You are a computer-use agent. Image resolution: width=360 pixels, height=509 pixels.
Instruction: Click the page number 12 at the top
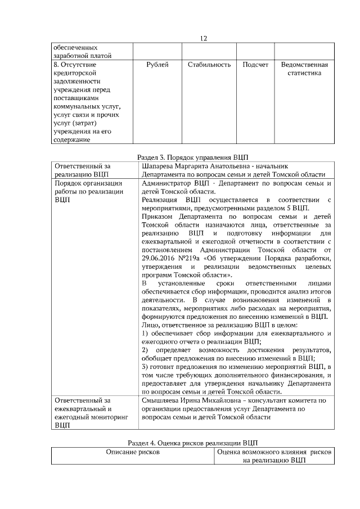204,38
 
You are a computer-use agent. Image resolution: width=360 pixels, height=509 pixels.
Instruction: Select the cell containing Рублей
157,65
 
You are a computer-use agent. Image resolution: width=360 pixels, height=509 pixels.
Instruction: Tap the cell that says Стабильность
209,65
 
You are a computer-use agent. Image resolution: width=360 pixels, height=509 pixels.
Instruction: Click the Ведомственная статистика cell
304,69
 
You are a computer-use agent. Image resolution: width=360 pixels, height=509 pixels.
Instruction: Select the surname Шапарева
160,166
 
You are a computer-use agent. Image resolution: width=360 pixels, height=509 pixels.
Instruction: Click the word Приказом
159,216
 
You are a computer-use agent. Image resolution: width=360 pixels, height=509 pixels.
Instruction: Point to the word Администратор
166,183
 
